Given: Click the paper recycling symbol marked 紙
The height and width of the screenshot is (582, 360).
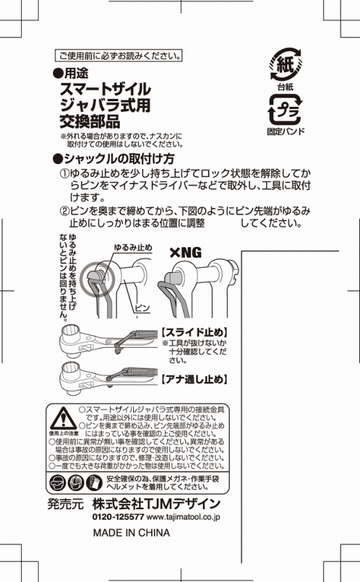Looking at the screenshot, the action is click(285, 64).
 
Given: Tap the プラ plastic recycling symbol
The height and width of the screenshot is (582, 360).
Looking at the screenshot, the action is click(285, 110).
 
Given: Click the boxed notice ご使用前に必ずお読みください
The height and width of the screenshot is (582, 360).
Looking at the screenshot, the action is click(119, 56).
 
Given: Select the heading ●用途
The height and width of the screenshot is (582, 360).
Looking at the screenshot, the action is click(71, 73).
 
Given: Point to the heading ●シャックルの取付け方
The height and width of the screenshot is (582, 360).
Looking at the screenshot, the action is click(113, 159).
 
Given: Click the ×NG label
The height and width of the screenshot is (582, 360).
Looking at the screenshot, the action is click(185, 253).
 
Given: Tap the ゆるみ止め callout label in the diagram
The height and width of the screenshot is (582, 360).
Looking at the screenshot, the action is click(133, 247).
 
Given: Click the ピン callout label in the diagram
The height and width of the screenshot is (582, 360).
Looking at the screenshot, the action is click(142, 307).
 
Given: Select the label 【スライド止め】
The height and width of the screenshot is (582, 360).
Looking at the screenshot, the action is click(194, 332).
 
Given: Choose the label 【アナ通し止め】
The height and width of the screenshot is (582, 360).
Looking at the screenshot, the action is click(194, 379).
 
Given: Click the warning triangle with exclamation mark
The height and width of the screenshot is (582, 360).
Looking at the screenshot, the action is click(64, 418).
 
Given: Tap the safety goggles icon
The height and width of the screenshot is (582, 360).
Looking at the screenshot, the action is click(57, 483).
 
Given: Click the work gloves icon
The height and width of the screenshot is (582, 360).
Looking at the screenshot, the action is click(95, 483).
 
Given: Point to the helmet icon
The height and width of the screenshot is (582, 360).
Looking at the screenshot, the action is click(76, 483).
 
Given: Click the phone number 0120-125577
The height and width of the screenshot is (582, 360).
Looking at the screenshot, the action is click(118, 517).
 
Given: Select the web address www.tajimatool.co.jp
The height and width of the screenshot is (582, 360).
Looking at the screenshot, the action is click(183, 517).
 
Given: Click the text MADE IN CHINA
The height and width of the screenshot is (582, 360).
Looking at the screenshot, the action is click(132, 533).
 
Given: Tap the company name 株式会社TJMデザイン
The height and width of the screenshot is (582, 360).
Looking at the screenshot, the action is click(156, 503).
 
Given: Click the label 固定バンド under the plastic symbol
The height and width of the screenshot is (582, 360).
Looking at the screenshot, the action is click(286, 131).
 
